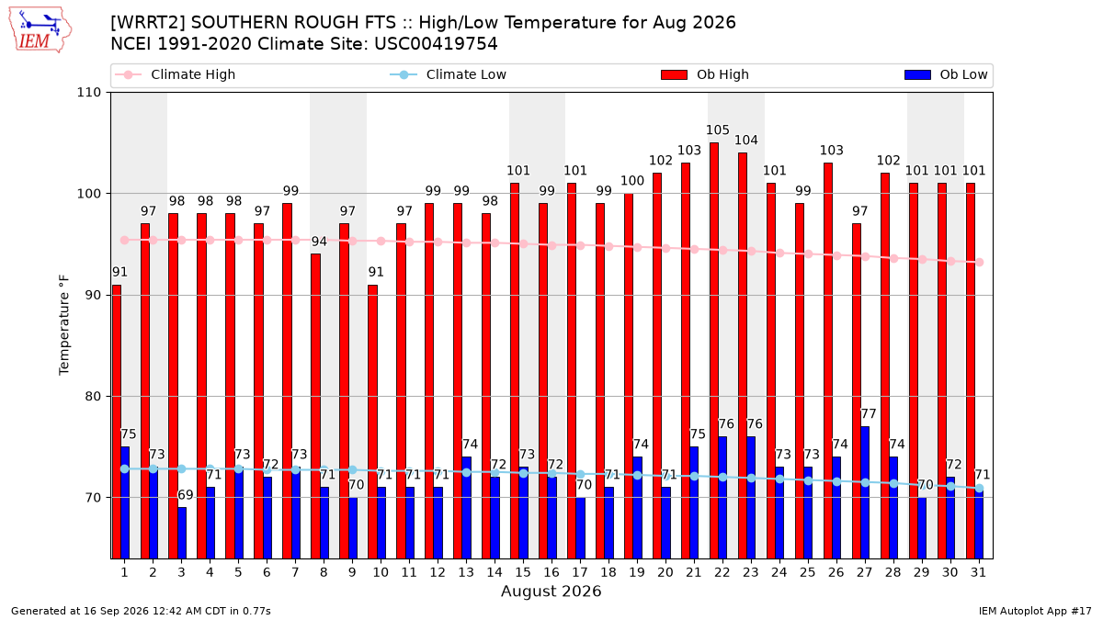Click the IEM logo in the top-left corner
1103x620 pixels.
[x=40, y=29]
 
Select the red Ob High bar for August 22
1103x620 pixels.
[x=714, y=350]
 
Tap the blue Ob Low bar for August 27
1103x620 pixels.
[x=865, y=492]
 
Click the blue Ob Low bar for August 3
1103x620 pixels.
[x=182, y=533]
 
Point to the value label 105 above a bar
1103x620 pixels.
[x=718, y=130]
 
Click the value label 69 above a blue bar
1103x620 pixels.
[x=185, y=494]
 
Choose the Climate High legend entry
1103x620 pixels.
[x=175, y=74]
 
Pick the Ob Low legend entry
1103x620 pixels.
[x=946, y=74]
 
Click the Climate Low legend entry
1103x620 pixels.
[x=448, y=74]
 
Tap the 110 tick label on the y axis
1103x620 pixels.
[x=88, y=93]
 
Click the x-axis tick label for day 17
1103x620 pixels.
[x=580, y=572]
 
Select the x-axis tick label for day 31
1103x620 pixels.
[x=978, y=572]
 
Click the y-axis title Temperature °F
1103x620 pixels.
[x=64, y=325]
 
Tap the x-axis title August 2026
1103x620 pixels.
[x=551, y=591]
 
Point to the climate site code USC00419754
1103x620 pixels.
[x=436, y=44]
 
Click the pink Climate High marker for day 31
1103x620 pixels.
[x=980, y=263]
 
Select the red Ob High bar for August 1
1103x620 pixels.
[x=117, y=422]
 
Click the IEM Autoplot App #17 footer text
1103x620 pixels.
[x=1035, y=611]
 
